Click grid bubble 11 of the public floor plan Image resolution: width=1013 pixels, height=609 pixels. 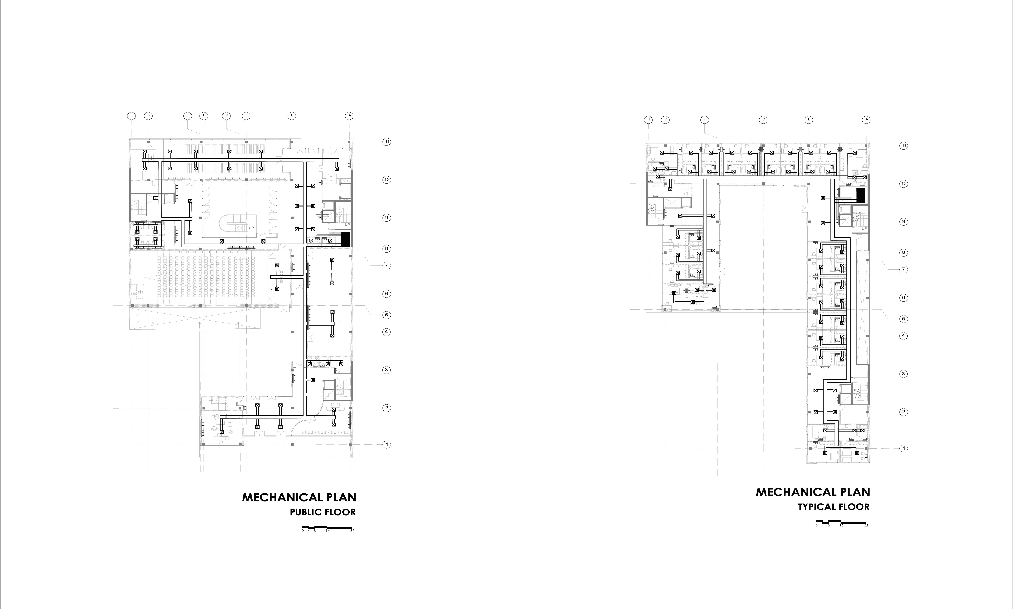386,142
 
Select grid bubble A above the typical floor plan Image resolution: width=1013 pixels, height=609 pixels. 866,120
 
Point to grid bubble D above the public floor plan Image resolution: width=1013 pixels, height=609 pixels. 227,116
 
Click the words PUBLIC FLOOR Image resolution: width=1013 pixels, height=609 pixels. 323,512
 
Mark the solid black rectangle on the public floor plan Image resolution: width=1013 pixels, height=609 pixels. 345,239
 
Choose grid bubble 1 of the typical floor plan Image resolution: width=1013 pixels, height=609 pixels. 903,449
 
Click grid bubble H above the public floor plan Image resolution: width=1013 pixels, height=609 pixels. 132,116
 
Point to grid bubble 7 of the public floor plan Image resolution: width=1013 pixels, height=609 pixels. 386,266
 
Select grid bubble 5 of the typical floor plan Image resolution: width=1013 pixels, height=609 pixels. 903,319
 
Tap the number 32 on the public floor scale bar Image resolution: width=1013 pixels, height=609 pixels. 352,531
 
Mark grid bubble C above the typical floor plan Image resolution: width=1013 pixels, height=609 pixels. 763,120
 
